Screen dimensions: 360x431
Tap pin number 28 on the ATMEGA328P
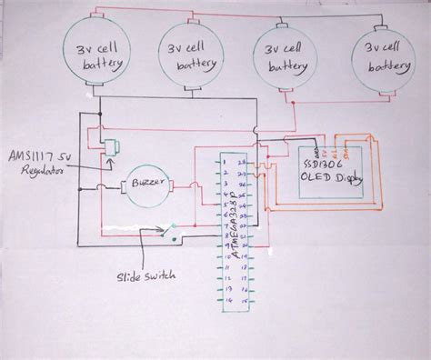241,164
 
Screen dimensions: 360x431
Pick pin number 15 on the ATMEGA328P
241,301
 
